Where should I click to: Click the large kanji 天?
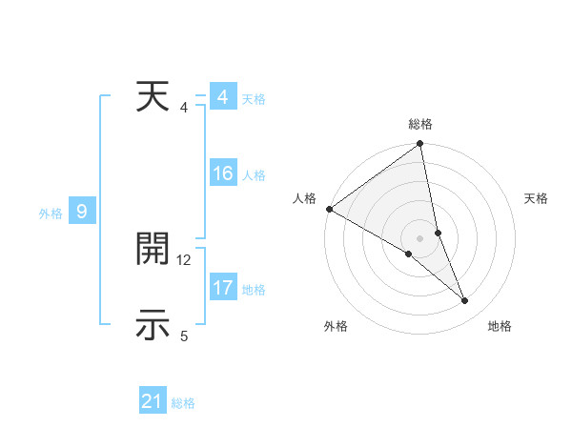pos(153,98)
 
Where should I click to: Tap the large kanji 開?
pos(153,250)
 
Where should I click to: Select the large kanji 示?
pos(153,325)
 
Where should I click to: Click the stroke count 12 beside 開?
pos(184,259)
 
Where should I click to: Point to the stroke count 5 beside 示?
pos(184,336)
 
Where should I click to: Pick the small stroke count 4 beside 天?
pos(184,108)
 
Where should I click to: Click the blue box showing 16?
pos(223,173)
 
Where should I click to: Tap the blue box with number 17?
pos(223,288)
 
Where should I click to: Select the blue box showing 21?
pos(153,402)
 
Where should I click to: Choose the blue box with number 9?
pos(82,212)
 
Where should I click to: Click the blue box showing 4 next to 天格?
pos(223,98)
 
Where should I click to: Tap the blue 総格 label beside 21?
pos(183,403)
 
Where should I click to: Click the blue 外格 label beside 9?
pos(51,214)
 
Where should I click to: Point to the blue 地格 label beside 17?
pos(254,290)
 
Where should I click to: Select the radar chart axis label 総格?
pos(420,124)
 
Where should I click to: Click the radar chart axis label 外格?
pos(336,326)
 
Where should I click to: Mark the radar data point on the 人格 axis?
pos(329,209)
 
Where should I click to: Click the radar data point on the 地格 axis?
pos(465,301)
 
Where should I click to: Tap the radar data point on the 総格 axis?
pos(420,145)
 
